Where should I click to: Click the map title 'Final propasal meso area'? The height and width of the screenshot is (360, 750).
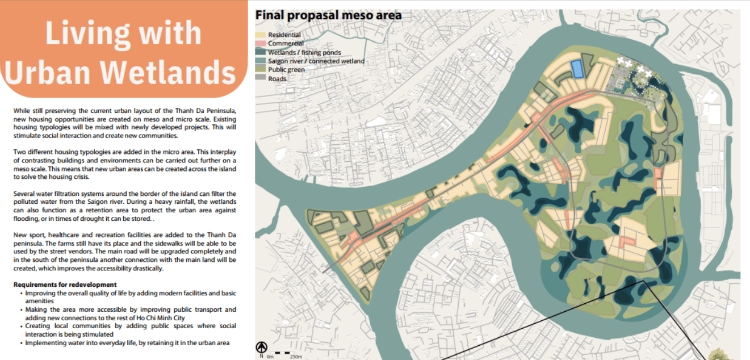pyautogui.click(x=328, y=15)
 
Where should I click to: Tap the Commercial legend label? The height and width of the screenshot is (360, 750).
pyautogui.click(x=286, y=44)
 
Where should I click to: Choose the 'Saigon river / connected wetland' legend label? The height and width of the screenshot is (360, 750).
pyautogui.click(x=316, y=61)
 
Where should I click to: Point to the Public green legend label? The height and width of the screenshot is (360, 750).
pyautogui.click(x=287, y=70)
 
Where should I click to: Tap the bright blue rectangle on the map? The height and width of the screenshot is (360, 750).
pyautogui.click(x=577, y=69)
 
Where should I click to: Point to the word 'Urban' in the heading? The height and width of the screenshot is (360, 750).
pyautogui.click(x=48, y=73)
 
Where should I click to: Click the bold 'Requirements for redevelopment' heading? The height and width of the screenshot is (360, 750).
pyautogui.click(x=65, y=284)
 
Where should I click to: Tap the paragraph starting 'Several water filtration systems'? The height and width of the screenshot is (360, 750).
pyautogui.click(x=125, y=206)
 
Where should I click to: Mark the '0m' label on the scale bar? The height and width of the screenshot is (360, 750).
pyautogui.click(x=270, y=357)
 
